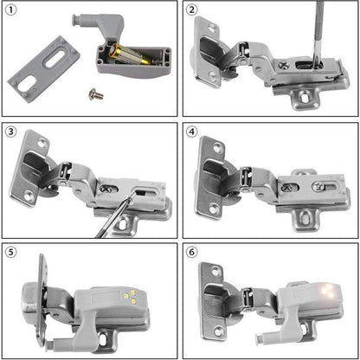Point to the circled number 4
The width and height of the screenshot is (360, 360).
193,132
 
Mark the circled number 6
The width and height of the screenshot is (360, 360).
193,254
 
